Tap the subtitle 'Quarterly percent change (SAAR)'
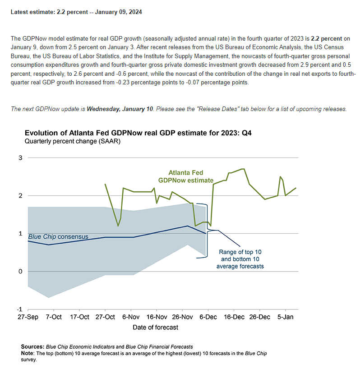coord(73,141)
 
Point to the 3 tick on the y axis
coord(20,157)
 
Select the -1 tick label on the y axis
coord(19,309)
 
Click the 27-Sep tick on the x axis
coord(28,317)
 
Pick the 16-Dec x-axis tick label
coord(234,317)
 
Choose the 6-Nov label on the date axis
coord(131,317)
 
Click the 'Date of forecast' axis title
coord(155,327)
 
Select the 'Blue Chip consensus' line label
coord(58,236)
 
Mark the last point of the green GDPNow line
coord(296,188)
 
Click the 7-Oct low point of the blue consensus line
coord(49,245)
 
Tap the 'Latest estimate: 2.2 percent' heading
coord(76,12)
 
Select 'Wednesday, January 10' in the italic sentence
coord(120,109)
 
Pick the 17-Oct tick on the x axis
coord(79,317)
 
